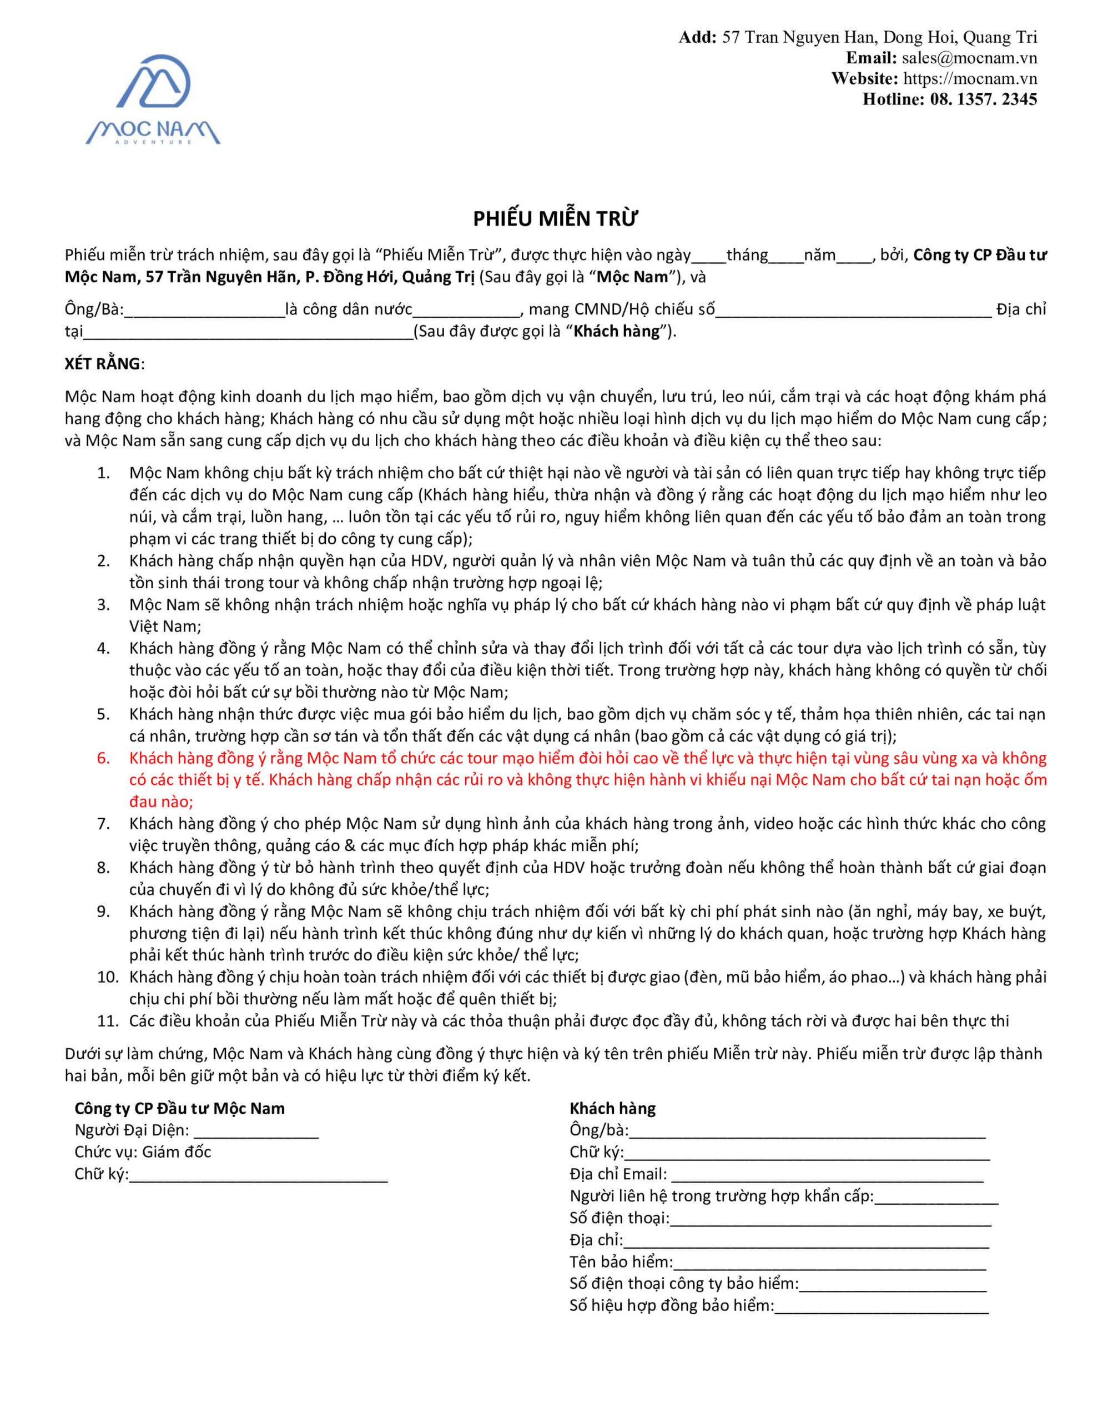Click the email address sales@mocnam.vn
coord(969,58)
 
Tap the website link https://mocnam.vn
coord(970,79)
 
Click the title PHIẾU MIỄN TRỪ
coord(555,219)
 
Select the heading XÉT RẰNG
coord(102,364)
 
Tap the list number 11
coord(107,1021)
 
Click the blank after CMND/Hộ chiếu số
coord(853,311)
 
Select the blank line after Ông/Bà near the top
coord(204,311)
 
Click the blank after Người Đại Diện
coord(256,1131)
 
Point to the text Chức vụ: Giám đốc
coord(143,1152)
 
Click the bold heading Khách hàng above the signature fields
coord(612,1109)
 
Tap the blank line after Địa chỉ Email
coord(827,1175)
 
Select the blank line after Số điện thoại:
coord(830,1218)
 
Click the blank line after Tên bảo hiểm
coord(830,1263)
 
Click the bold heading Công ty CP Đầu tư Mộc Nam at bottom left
coord(180,1109)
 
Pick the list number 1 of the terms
coord(103,473)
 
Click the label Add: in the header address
coord(697,37)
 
